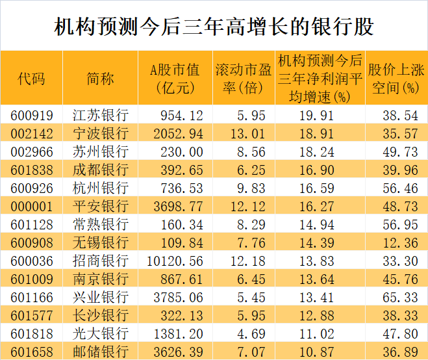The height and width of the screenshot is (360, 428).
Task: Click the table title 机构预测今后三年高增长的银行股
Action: (214, 27)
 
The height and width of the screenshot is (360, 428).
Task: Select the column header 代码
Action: (31, 79)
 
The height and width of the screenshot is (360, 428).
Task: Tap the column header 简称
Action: (100, 79)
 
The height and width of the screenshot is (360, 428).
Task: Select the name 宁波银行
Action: (100, 133)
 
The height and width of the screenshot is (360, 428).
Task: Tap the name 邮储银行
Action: (100, 352)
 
